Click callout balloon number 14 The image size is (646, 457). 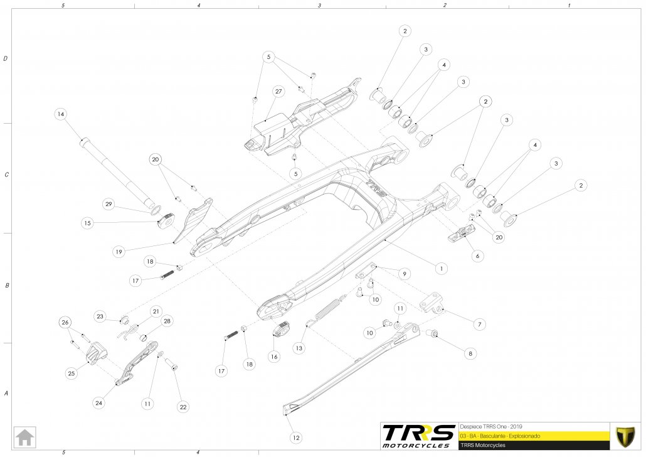[60, 114]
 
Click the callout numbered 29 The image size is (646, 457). [109, 205]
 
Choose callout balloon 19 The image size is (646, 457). [118, 251]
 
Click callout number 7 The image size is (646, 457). [479, 324]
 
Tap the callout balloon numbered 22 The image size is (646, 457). [183, 407]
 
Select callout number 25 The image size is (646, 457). [71, 373]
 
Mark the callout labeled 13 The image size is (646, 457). [299, 347]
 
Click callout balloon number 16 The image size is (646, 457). [273, 356]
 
